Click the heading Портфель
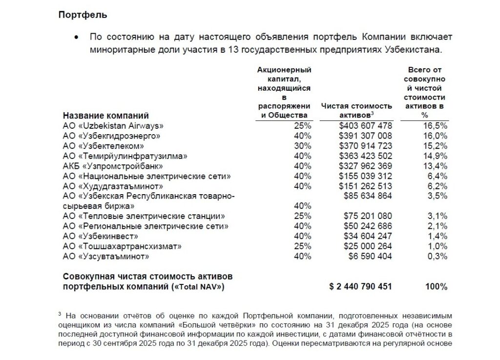point(83,15)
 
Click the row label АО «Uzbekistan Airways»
point(113,125)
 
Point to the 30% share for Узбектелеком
point(303,146)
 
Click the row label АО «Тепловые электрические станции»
point(144,217)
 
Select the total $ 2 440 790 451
point(360,287)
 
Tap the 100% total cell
point(436,287)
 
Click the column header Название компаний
point(105,116)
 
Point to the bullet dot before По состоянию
point(76,38)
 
